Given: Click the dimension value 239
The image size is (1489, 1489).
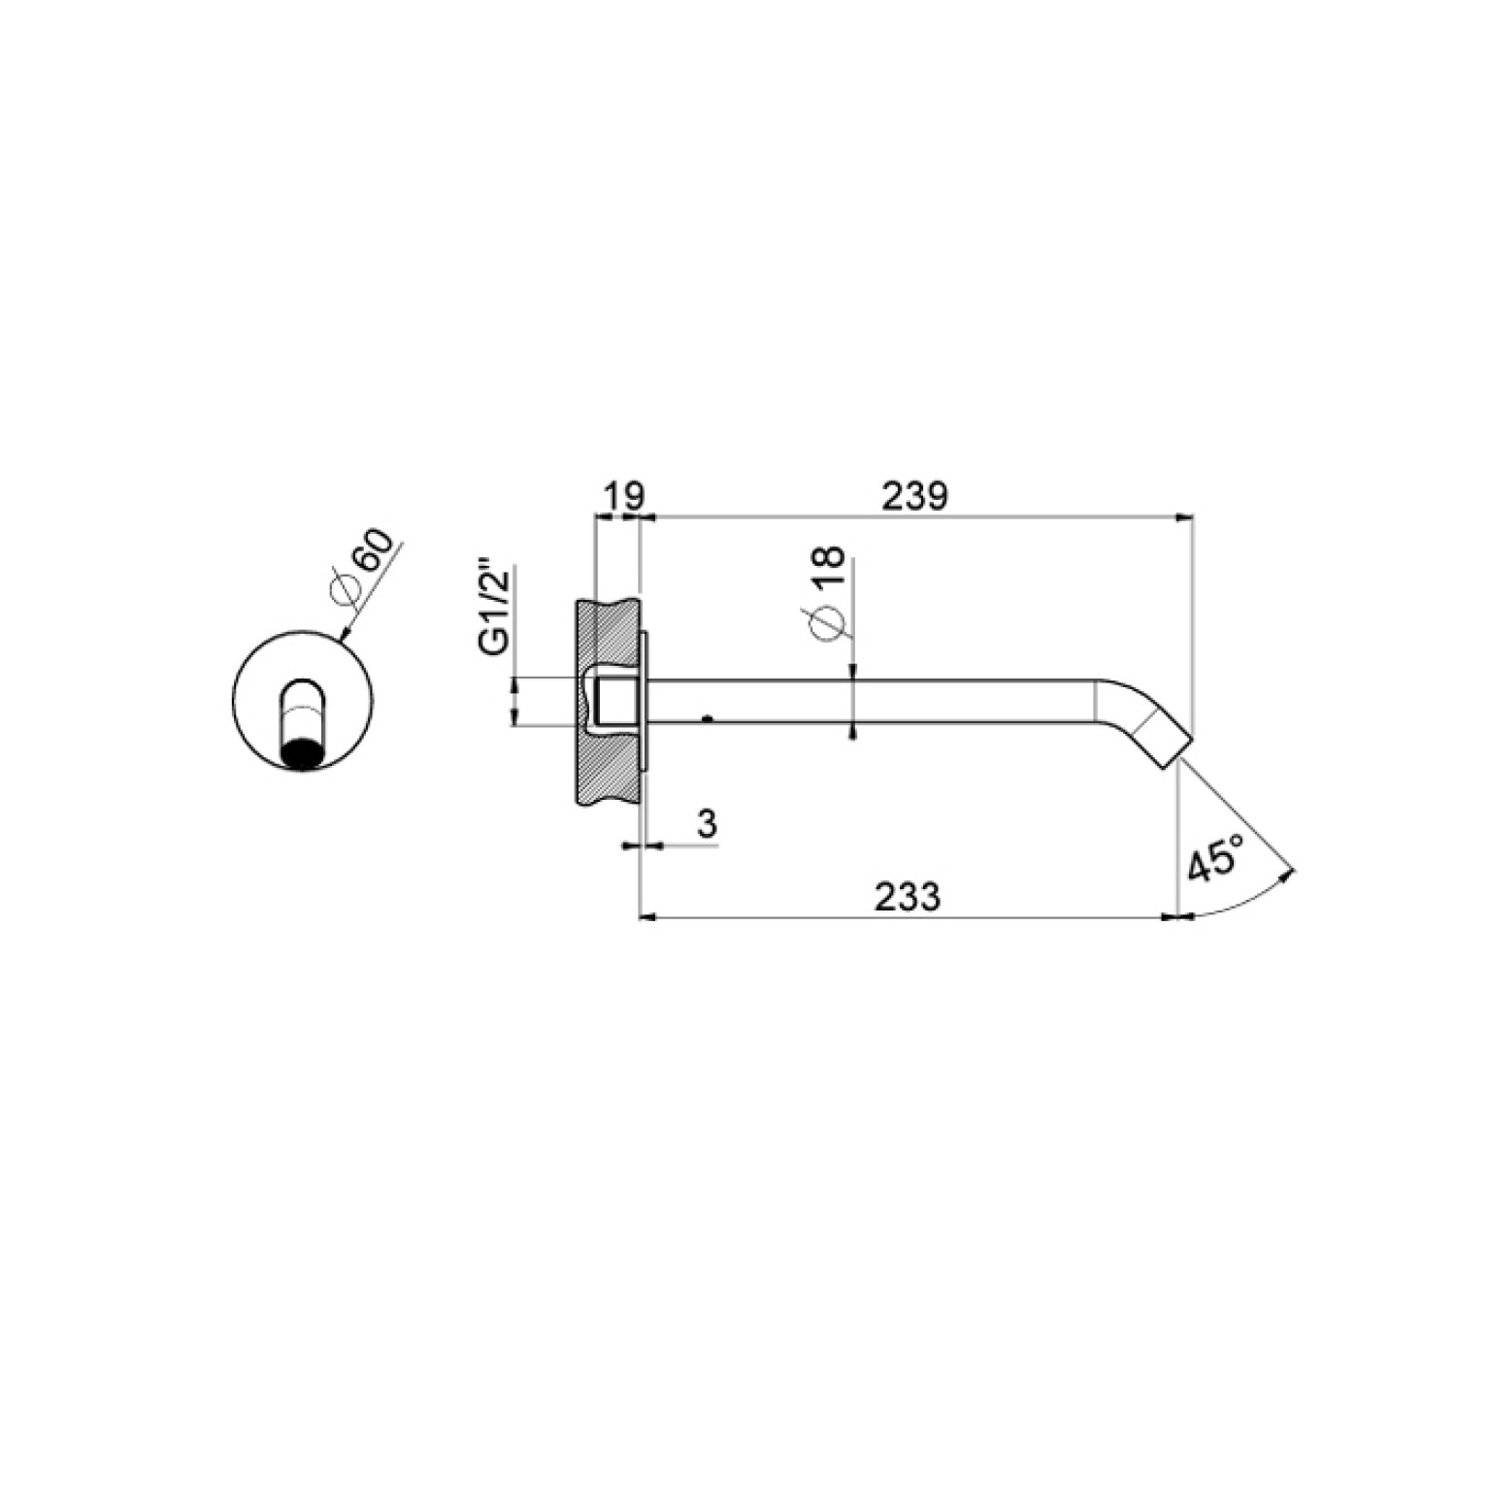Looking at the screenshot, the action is point(913,496).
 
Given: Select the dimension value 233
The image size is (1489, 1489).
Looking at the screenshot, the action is point(908,896).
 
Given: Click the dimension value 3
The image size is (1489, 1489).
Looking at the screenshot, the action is point(708,824).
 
